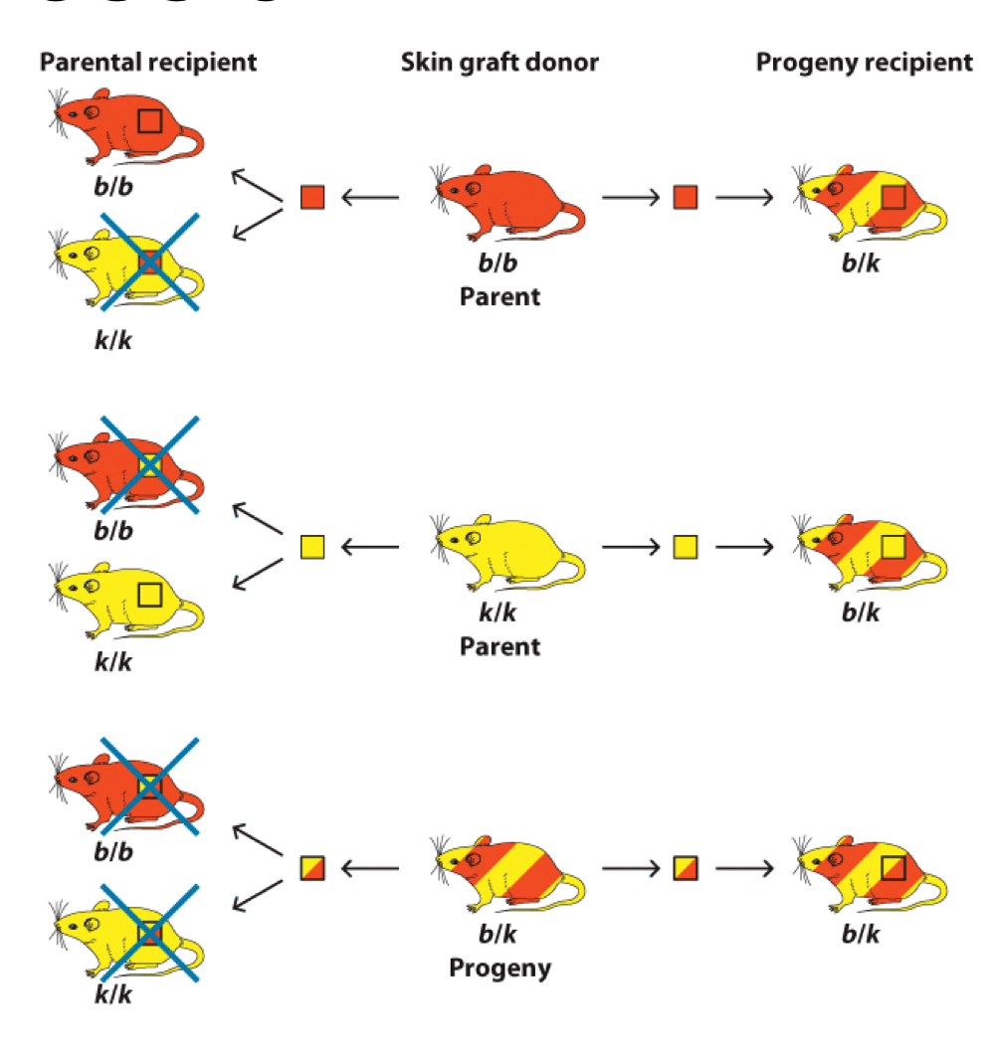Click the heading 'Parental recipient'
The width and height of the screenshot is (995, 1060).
point(148,63)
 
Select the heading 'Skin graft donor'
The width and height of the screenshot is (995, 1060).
point(499,63)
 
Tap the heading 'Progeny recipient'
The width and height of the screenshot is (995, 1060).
point(865,63)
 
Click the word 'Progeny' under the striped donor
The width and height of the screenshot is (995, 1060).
point(499,968)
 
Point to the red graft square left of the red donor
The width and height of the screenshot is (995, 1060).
point(312,197)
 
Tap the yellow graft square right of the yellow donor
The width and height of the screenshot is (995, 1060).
point(685,546)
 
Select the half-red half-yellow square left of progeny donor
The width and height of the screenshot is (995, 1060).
point(312,868)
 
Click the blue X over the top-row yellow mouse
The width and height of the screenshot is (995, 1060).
point(147,263)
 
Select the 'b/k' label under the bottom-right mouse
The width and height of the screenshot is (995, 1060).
point(862,935)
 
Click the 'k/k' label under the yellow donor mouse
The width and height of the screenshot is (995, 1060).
point(499,614)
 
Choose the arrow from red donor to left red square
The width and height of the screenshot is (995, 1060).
point(370,197)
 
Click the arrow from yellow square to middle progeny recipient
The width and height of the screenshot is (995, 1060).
point(744,546)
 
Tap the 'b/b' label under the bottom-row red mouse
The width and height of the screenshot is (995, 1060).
point(113,852)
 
